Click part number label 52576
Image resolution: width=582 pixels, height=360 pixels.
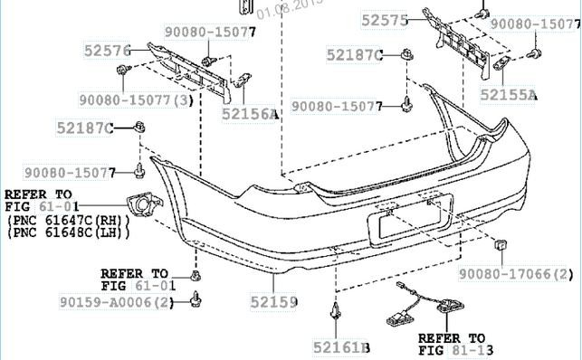coord(108,51)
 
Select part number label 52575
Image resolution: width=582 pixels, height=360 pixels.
coord(385,21)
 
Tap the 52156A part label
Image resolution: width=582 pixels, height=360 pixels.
coord(250,114)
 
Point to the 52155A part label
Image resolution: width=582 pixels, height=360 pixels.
coord(509,95)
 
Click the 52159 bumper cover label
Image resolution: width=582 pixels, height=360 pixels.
coord(274,302)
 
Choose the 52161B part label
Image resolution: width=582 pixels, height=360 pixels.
coord(341,347)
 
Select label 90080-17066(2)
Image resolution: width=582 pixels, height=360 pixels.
coord(516,275)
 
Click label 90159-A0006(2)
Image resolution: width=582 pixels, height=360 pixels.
coord(117,302)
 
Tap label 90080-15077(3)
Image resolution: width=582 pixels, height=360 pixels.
coord(136,100)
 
